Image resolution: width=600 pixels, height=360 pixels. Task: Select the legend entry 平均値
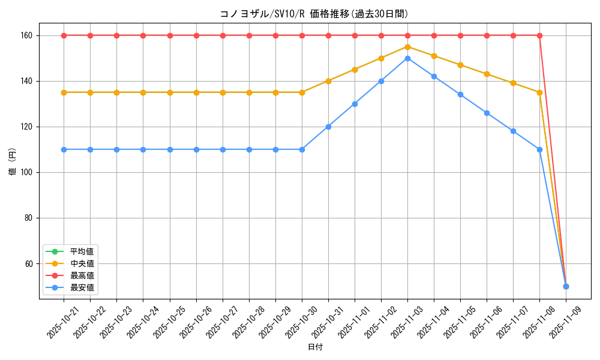point(82,251)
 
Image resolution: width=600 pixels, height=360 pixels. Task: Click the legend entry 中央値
point(82,263)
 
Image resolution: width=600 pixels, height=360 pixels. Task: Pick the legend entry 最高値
point(82,275)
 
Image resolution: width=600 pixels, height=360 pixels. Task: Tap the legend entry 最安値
point(82,287)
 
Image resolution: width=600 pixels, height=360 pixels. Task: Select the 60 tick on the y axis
point(34,263)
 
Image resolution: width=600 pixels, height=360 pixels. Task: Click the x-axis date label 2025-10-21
point(64,325)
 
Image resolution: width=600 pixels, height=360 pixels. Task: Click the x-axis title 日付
point(315,347)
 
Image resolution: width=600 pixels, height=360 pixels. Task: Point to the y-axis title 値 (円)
point(13,161)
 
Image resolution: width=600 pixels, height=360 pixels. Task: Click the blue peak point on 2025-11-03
point(407,58)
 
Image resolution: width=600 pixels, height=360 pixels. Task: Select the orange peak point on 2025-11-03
point(407,47)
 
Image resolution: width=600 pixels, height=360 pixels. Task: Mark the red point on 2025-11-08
point(539,35)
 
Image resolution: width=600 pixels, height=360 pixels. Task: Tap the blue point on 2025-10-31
point(328,127)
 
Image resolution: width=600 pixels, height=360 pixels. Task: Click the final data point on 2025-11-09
point(566,286)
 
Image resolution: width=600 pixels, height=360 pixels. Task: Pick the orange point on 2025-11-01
point(355,70)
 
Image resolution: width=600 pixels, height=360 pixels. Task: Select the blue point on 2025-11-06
point(487,113)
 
